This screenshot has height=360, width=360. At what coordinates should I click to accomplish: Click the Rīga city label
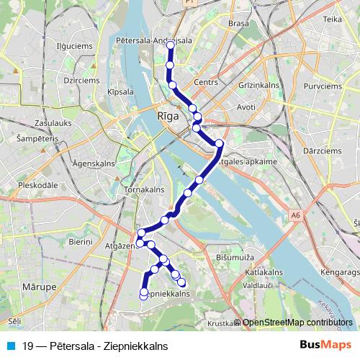click(167, 115)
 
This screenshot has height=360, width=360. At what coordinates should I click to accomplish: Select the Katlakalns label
click(262, 273)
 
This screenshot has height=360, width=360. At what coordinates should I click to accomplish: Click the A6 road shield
click(295, 215)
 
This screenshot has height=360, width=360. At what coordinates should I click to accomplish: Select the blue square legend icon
click(10, 345)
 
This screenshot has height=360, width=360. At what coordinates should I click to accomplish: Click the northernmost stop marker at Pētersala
click(171, 45)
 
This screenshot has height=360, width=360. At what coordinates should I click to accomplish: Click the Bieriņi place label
click(81, 242)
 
